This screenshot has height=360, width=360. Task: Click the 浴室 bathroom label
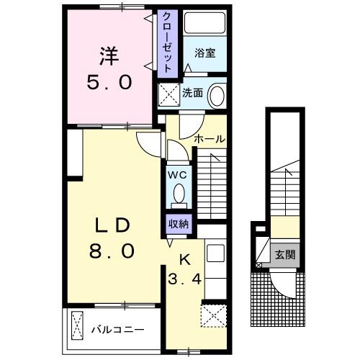coord(204,53)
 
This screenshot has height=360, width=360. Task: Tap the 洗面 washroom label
coord(193,93)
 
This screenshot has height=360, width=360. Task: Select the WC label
coord(177,175)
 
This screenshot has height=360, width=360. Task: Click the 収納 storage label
coord(179,224)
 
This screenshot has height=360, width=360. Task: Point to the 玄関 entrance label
coord(285,254)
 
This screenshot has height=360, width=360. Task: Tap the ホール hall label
coord(210,139)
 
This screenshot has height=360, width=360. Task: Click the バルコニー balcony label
coord(117,330)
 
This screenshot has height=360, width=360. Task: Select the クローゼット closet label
coord(167,42)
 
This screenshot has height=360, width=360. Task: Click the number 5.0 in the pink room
coord(109,82)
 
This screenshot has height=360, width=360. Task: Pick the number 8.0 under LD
coord(112,251)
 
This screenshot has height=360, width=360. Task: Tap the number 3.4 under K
coord(184,279)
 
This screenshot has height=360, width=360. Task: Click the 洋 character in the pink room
coord(109,57)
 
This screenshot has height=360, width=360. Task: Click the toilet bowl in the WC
coord(179,193)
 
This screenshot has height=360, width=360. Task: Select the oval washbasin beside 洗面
coord(217,95)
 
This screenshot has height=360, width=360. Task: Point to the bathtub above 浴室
coord(204,23)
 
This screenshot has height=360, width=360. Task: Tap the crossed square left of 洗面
coord(168,94)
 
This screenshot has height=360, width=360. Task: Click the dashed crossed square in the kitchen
coord(214,316)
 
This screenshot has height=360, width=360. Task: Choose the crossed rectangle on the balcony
coord(77,325)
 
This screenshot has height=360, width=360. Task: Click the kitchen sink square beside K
coord(216,253)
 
